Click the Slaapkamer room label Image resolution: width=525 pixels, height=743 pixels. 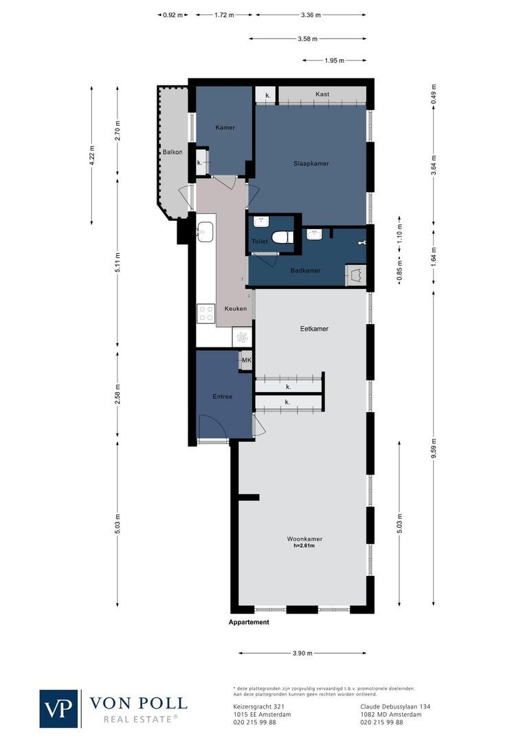pyautogui.click(x=311, y=163)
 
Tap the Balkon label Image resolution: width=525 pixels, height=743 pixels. pyautogui.click(x=172, y=152)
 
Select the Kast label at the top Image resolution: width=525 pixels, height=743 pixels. pyautogui.click(x=322, y=94)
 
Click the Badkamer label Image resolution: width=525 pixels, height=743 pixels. pyautogui.click(x=305, y=270)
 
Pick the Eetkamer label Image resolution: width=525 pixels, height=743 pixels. pyautogui.click(x=314, y=329)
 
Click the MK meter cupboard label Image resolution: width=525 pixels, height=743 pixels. pyautogui.click(x=246, y=360)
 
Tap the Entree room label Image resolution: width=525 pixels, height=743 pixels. pyautogui.click(x=222, y=396)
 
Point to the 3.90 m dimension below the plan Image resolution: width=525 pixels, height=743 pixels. pyautogui.click(x=302, y=653)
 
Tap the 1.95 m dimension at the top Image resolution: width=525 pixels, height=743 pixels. pyautogui.click(x=335, y=61)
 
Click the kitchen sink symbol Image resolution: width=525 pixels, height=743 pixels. pyautogui.click(x=204, y=231)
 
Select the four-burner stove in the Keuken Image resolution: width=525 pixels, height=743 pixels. pyautogui.click(x=206, y=314)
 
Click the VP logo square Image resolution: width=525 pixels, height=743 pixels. pyautogui.click(x=59, y=709)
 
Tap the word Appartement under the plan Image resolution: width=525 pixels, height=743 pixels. pyautogui.click(x=249, y=622)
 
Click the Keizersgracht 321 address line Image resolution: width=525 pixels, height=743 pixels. pyautogui.click(x=255, y=707)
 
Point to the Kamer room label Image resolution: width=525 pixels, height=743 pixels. pyautogui.click(x=225, y=127)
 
